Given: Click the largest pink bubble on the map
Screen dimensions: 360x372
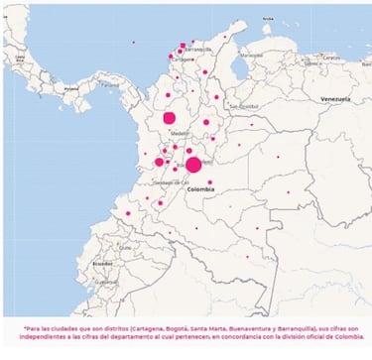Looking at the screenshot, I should [193, 165].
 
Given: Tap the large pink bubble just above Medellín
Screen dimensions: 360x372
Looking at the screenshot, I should [170, 118].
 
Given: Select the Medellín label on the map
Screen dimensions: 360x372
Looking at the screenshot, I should [180, 130].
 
